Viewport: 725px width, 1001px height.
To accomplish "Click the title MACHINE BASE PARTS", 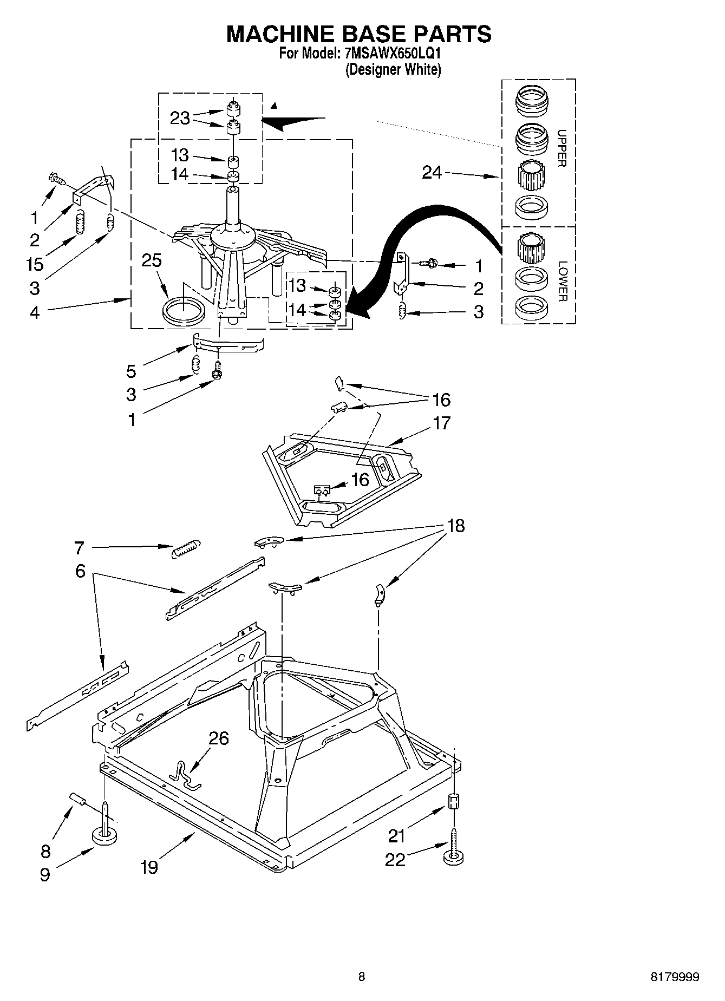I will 358,34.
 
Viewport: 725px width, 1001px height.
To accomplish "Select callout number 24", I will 432,173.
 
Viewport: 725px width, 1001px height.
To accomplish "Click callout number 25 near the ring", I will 152,260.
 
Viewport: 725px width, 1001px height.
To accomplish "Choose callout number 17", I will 441,422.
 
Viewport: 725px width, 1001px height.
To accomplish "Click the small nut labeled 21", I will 454,801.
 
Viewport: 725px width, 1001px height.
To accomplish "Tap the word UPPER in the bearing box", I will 561,148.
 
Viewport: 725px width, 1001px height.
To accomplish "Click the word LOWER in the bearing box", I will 563,282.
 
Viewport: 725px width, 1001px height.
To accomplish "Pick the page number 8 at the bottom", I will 362,977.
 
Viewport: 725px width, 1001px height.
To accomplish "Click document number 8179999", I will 675,977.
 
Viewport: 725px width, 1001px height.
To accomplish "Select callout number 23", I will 180,117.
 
